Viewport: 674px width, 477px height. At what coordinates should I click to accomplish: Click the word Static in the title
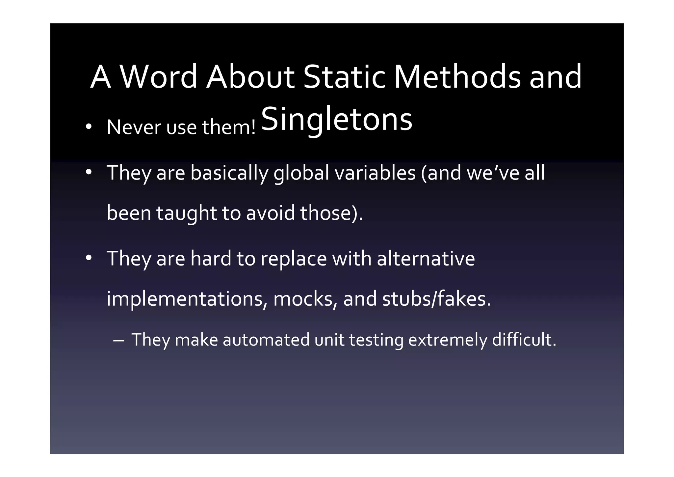click(x=344, y=77)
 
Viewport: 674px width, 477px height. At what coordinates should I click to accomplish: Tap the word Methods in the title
click(x=457, y=77)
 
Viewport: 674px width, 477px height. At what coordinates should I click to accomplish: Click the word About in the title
click(x=250, y=77)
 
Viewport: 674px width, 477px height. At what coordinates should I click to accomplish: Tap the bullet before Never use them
click(x=88, y=127)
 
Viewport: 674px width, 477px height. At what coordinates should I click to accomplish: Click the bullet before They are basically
click(x=88, y=173)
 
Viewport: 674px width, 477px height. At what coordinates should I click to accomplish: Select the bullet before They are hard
click(x=88, y=258)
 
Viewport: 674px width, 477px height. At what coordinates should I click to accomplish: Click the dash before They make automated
click(x=118, y=341)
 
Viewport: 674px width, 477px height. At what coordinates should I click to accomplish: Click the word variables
click(x=375, y=173)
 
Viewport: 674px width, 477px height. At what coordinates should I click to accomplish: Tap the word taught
click(x=186, y=213)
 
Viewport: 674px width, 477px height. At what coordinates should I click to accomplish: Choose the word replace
click(x=294, y=259)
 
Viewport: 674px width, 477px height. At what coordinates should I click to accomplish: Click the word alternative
click(x=426, y=258)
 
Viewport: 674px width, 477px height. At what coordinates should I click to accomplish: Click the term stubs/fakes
click(x=436, y=299)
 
